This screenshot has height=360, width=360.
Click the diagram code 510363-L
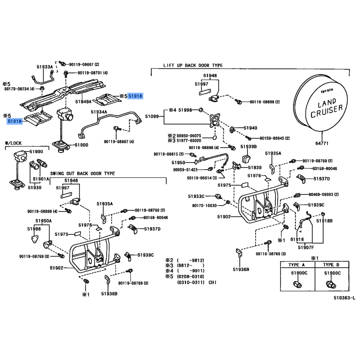pyautogui.click(x=344, y=297)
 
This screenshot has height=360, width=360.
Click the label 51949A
pyautogui.click(x=83, y=101)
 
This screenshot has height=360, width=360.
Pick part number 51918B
pyautogui.click(x=324, y=220)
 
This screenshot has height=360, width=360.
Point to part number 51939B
pyautogui.click(x=248, y=147)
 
